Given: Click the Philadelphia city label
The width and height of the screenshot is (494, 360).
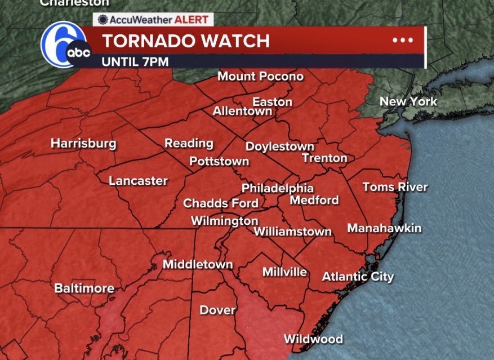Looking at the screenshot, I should click(277, 188).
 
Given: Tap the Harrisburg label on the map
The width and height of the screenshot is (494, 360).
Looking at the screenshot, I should click(83, 144).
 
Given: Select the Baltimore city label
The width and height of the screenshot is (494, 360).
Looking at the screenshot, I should click(84, 288).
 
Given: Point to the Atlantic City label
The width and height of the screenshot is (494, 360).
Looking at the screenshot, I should click(358, 277).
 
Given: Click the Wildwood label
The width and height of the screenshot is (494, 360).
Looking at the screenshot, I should click(313, 339).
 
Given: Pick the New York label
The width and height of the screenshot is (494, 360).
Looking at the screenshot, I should click(408, 102).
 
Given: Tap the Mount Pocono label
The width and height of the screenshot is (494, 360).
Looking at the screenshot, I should click(260, 76).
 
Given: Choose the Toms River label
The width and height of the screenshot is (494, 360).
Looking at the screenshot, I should click(395, 187).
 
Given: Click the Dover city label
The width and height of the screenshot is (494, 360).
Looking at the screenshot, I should click(217, 310).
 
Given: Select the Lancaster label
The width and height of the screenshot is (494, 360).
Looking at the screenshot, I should click(138, 181).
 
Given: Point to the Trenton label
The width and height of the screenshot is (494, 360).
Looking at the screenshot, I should click(324, 158).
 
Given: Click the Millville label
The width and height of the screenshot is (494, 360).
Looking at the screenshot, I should click(284, 272).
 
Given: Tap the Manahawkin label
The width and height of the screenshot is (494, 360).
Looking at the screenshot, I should click(384, 228).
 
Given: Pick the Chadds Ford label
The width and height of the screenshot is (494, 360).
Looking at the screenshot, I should click(221, 203).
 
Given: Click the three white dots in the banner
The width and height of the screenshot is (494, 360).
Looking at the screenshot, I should click(403, 40).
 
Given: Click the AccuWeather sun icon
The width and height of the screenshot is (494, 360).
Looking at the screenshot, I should click(103, 20).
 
